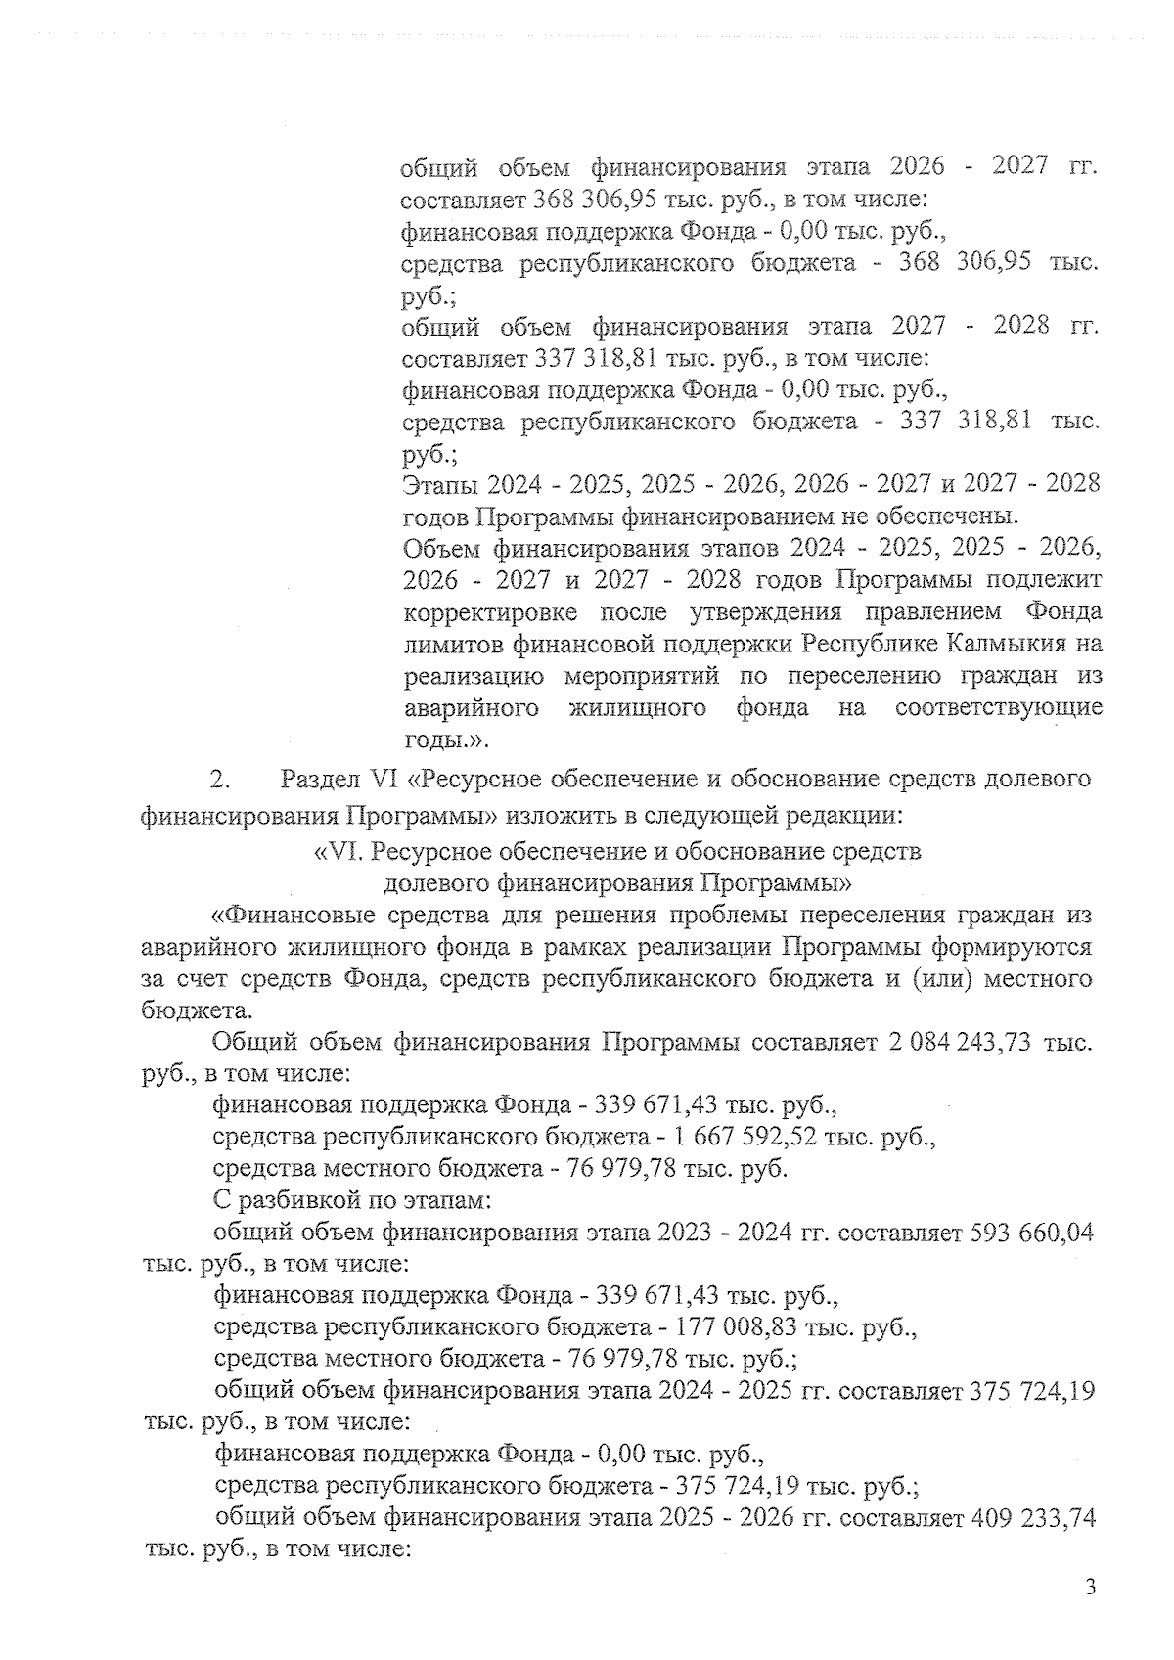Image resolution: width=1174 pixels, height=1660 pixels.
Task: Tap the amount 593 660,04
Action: pos(1031,1233)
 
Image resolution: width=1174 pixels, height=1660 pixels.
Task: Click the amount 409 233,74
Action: pos(1033,1518)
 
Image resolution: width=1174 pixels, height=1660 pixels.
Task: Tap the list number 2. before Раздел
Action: pos(219,781)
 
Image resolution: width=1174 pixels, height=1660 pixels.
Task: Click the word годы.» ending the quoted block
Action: pos(439,740)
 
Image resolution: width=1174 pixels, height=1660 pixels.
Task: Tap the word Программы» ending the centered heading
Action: pos(778,883)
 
